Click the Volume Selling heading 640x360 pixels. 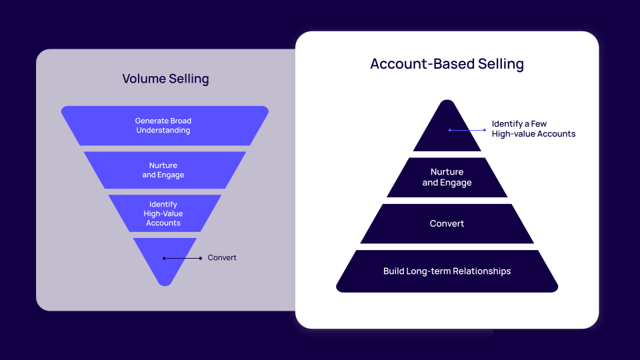click(165, 79)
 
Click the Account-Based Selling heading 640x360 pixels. click(447, 64)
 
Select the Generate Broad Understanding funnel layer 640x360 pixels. click(164, 125)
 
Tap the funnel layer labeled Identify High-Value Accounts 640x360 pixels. click(164, 213)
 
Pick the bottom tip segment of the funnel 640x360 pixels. click(165, 267)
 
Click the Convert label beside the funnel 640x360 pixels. click(222, 258)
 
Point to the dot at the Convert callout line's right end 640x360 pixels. click(200, 258)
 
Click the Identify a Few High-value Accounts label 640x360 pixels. click(533, 129)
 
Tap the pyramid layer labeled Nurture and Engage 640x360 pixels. click(447, 177)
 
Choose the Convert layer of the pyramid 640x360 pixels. click(447, 223)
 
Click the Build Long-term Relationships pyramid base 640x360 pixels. click(447, 271)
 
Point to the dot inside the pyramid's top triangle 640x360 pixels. click(450, 130)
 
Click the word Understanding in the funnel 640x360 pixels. click(163, 131)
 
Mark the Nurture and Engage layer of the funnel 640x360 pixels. click(164, 170)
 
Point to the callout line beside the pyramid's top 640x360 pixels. click(468, 130)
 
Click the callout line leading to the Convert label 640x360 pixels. click(181, 258)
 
